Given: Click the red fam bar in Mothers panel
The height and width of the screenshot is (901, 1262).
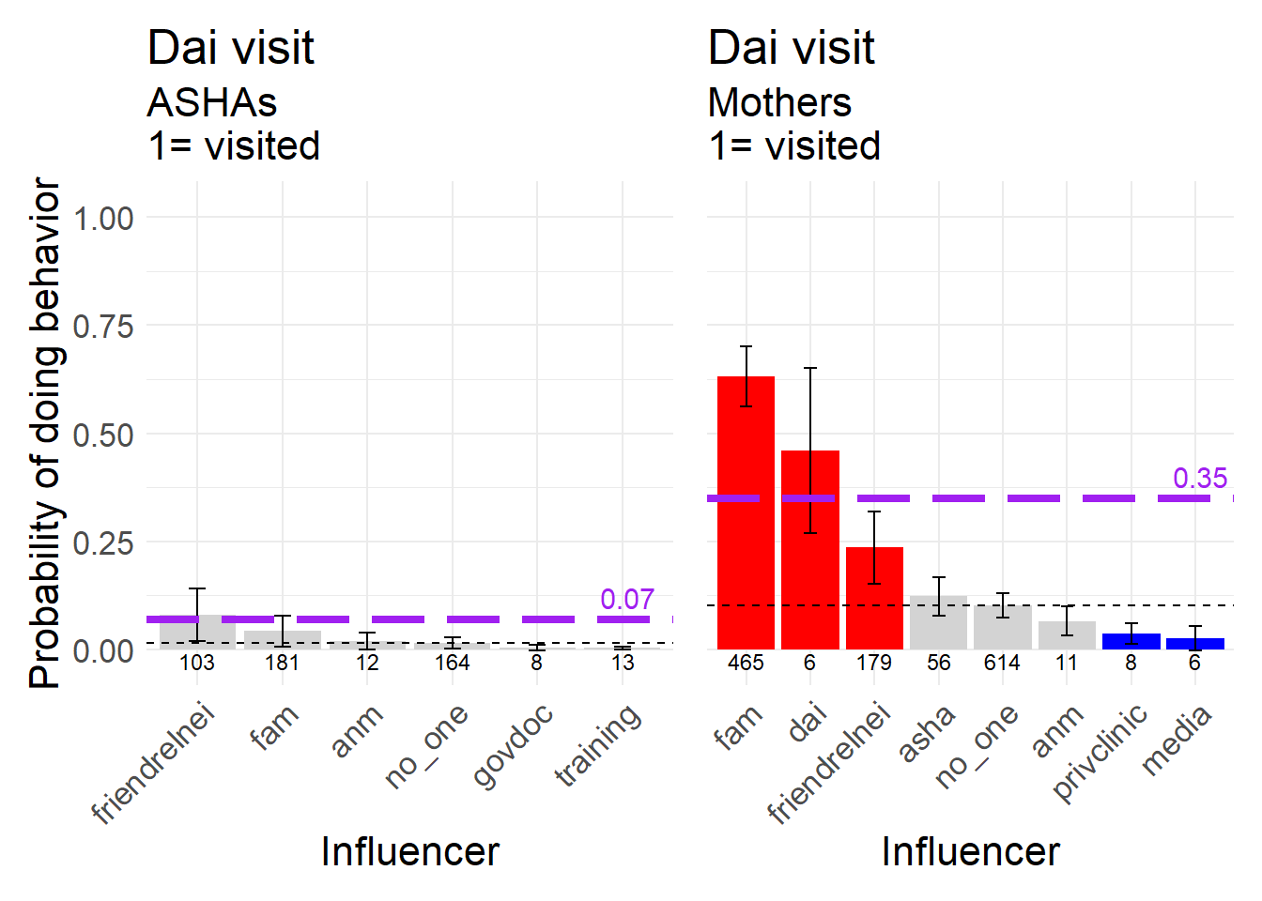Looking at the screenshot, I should click(x=746, y=512).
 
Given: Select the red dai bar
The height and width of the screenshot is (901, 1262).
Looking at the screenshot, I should click(x=809, y=549).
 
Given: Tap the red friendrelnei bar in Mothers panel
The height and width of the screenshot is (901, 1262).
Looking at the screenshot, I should click(x=874, y=598).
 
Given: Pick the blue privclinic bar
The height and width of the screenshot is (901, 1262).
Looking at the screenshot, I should click(x=1131, y=641).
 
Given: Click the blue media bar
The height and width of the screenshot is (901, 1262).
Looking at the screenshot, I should click(x=1194, y=644).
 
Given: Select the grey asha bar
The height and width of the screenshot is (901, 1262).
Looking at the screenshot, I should click(x=938, y=621).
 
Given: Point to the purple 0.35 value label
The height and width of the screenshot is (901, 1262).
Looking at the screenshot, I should click(x=1200, y=478).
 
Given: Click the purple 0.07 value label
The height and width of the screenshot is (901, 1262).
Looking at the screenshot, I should click(x=627, y=599).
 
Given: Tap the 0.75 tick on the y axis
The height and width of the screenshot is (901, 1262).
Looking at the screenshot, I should click(x=103, y=327).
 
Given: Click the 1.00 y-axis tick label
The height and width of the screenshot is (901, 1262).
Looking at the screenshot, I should click(x=103, y=219).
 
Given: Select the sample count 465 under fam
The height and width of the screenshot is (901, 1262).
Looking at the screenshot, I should click(x=746, y=663).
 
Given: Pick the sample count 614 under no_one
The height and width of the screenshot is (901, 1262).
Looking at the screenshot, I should click(x=1002, y=663).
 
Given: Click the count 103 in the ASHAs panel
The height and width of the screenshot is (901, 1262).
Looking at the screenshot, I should click(x=197, y=663).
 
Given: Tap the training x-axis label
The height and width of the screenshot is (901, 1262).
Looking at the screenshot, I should click(x=599, y=745).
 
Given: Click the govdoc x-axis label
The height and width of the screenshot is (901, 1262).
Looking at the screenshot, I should click(x=513, y=746).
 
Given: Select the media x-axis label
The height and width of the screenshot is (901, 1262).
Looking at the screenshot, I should click(x=1177, y=741).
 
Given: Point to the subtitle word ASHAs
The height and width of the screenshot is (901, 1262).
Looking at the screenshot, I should click(x=212, y=102).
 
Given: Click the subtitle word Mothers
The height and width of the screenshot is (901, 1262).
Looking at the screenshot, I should click(x=779, y=102).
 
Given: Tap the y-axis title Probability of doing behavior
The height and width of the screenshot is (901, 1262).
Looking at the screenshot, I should click(x=45, y=434).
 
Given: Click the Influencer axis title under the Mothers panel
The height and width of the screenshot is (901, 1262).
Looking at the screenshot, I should click(x=970, y=851).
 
